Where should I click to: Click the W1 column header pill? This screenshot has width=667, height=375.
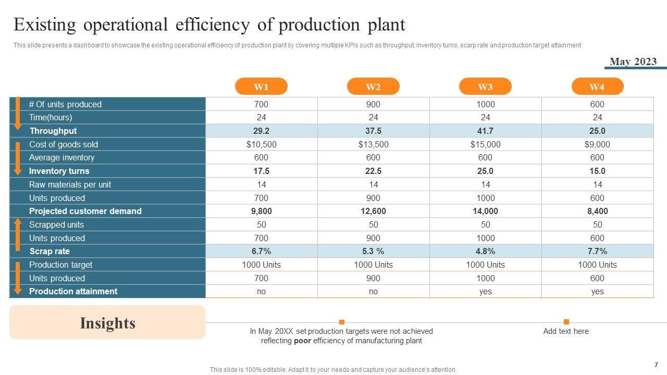tap(261, 86)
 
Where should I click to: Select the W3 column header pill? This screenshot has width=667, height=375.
tap(485, 86)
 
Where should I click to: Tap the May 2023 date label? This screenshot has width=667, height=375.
tap(633, 61)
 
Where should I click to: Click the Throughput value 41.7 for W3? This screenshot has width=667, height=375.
tap(485, 131)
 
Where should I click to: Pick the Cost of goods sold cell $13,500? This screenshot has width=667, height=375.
tap(373, 144)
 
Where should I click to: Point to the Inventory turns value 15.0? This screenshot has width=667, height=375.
tap(597, 171)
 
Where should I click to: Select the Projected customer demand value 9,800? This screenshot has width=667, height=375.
tap(261, 211)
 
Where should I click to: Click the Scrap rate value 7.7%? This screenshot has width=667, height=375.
tap(597, 251)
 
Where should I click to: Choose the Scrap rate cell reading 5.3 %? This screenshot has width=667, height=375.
tap(373, 251)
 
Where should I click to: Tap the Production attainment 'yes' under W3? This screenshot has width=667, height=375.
tap(485, 291)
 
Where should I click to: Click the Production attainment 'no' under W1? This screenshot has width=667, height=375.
tap(261, 291)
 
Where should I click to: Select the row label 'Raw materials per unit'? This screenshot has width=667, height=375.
tap(70, 184)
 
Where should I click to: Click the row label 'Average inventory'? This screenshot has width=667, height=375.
tap(61, 157)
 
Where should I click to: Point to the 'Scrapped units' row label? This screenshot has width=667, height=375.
tap(56, 224)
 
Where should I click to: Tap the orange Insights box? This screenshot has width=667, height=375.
tap(107, 323)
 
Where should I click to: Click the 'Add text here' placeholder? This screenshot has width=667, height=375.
tap(566, 331)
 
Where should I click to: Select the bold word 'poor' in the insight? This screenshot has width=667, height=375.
tap(303, 341)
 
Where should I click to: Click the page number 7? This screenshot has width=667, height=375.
tap(656, 365)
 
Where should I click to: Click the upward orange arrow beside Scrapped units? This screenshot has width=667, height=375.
tap(17, 233)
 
